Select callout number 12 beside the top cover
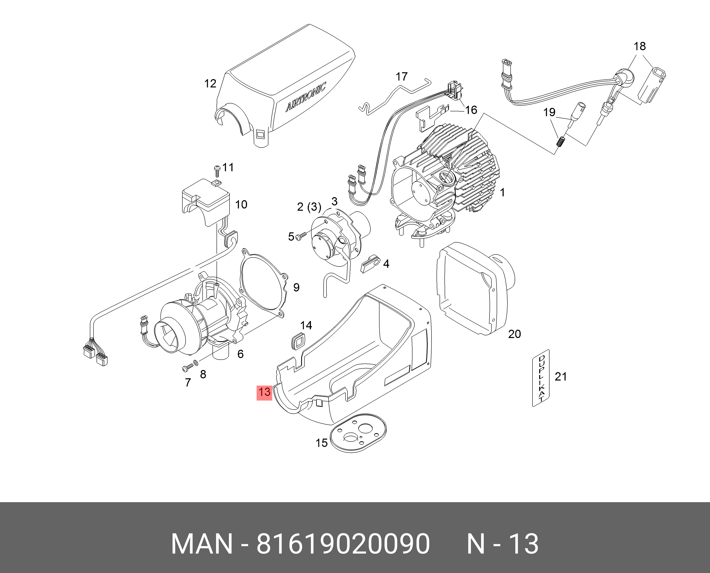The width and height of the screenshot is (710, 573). [210, 84]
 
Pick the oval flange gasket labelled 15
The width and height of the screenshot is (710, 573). [358, 433]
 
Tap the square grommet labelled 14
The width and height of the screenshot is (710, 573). [298, 340]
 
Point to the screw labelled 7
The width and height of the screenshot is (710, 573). [187, 368]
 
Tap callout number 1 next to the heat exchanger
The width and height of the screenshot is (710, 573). [502, 192]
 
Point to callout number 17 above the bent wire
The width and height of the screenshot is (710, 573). [401, 77]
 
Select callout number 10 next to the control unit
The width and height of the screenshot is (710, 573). [241, 205]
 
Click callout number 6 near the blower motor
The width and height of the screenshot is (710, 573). [240, 354]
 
